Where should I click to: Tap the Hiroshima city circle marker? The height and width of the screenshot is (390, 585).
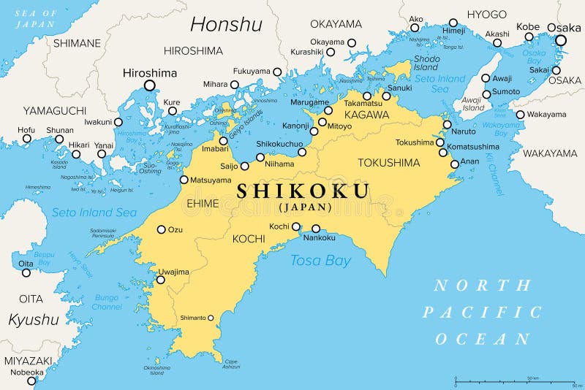[150, 85]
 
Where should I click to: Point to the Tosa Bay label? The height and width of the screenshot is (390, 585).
[320, 260]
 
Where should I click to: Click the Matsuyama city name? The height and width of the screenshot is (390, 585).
[211, 180]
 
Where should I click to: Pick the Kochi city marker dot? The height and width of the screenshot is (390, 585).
[297, 226]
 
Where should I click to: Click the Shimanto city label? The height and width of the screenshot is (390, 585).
[192, 318]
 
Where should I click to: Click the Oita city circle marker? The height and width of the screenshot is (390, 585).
[26, 273]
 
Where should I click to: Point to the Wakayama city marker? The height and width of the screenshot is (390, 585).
[520, 115]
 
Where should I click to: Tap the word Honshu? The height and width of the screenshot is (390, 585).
[226, 25]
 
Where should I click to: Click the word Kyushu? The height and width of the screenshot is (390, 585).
[33, 319]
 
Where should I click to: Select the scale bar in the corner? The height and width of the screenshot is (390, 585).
[516, 381]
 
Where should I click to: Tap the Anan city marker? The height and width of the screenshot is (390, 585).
[455, 164]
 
